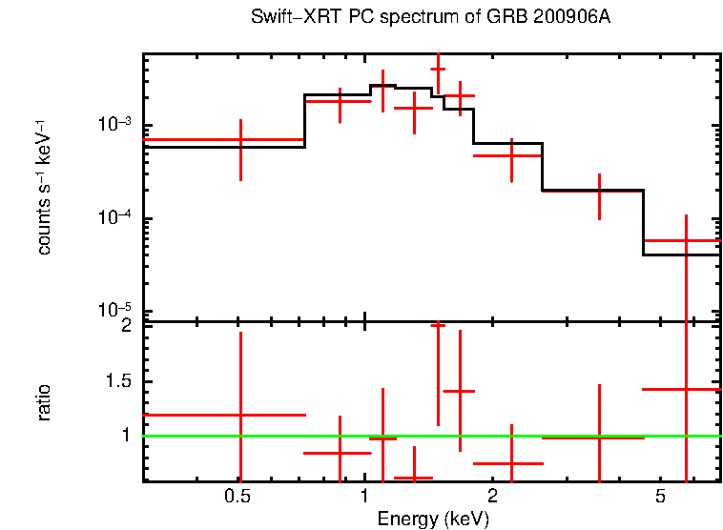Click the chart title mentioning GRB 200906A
point(428,18)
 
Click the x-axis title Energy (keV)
point(433,519)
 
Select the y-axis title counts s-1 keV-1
point(44,187)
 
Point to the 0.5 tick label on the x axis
point(238,497)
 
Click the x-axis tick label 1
point(365,497)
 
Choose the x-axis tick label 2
point(492,497)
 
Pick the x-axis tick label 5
point(660,497)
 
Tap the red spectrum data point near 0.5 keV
point(240,140)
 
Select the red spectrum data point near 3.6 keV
point(599,191)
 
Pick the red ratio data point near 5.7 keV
point(686,389)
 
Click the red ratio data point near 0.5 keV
point(240,415)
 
